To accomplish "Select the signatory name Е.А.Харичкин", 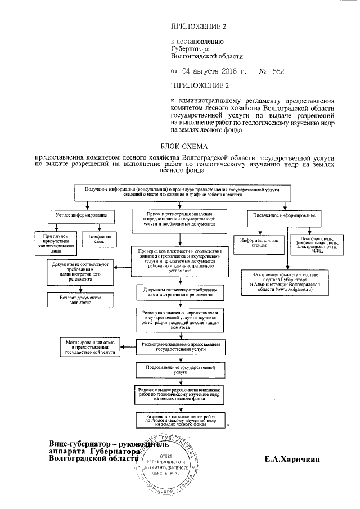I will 292,459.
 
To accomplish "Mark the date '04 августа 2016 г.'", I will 209,71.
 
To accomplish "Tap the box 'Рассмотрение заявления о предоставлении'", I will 181,345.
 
